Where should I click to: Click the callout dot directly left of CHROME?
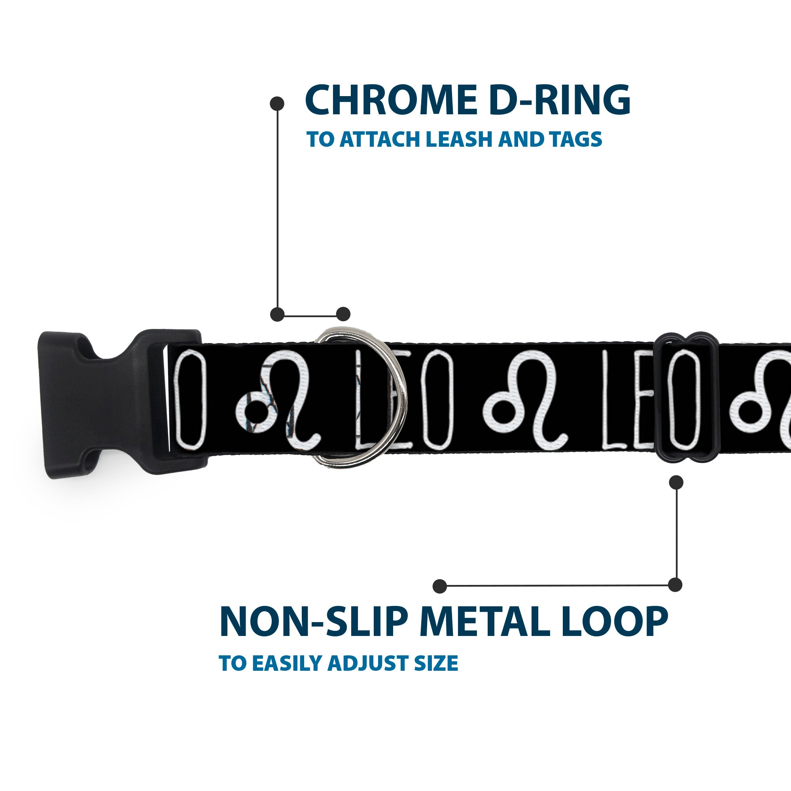277,104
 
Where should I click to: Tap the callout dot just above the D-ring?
343,314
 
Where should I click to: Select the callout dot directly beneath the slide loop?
676,482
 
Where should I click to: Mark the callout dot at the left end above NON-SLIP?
440,586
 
